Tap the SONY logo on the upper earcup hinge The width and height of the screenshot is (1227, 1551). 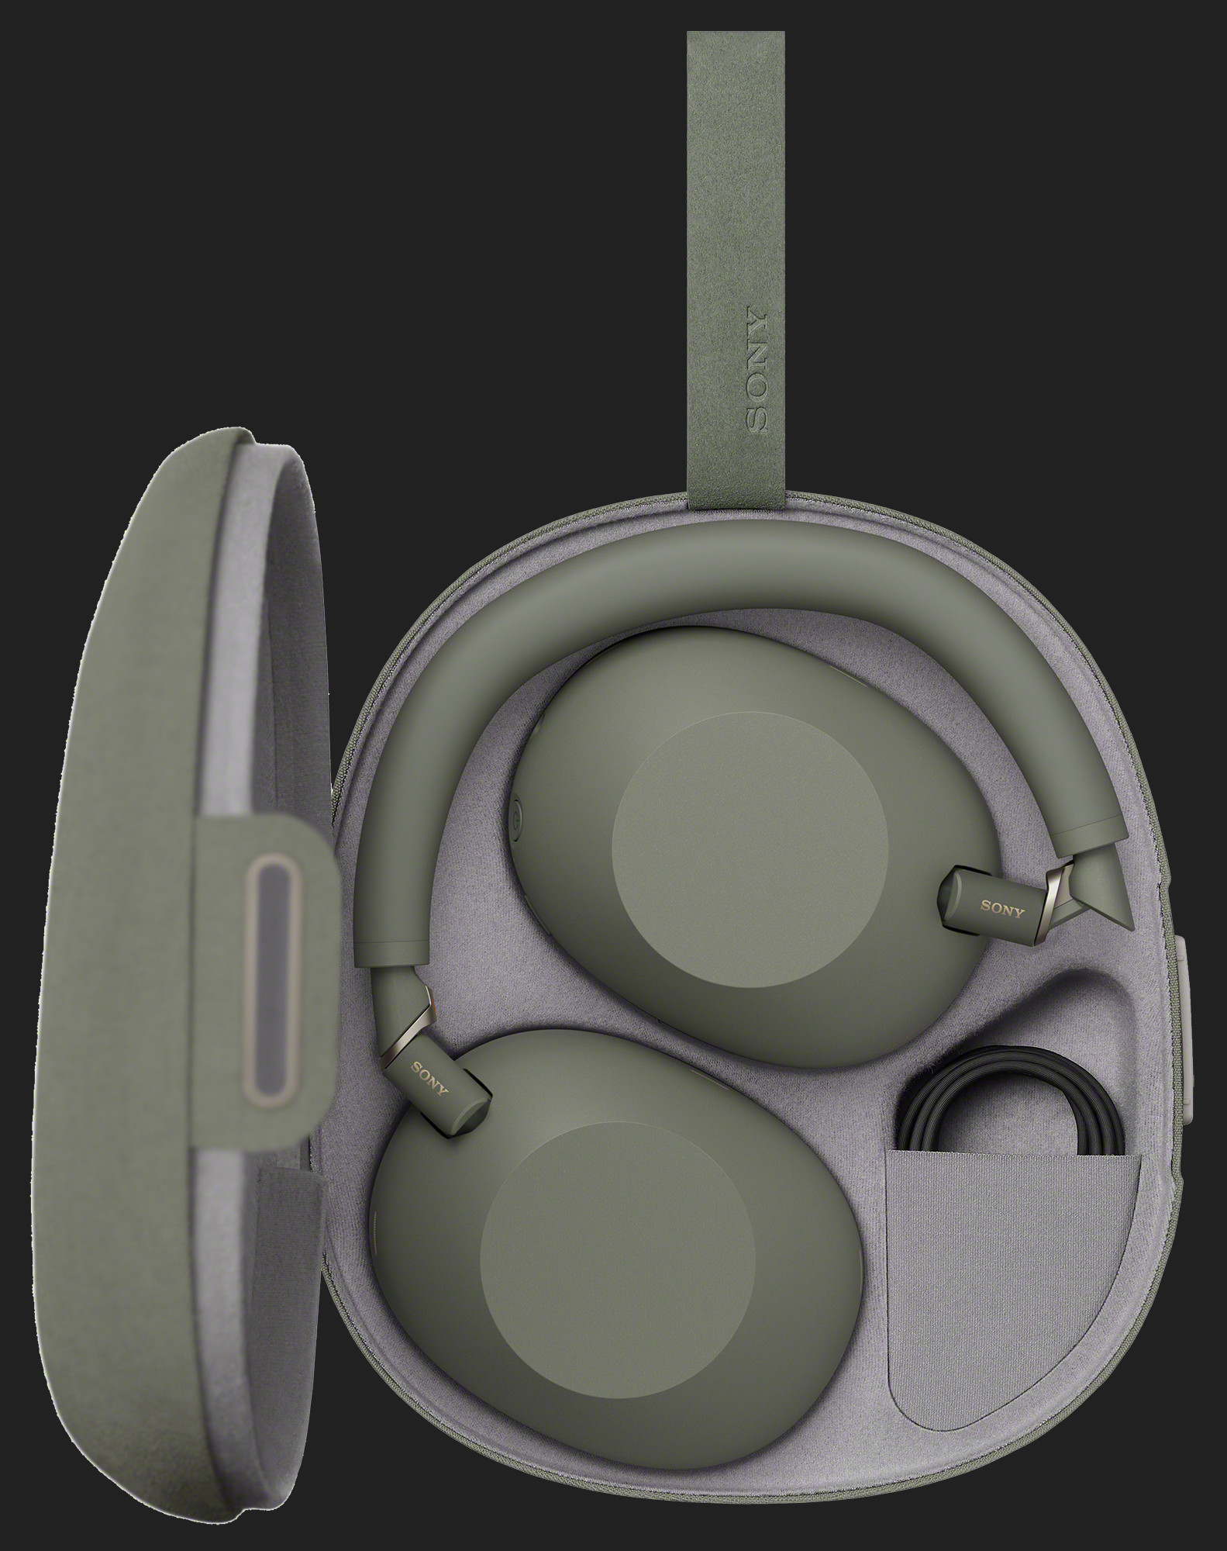tap(1001, 908)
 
